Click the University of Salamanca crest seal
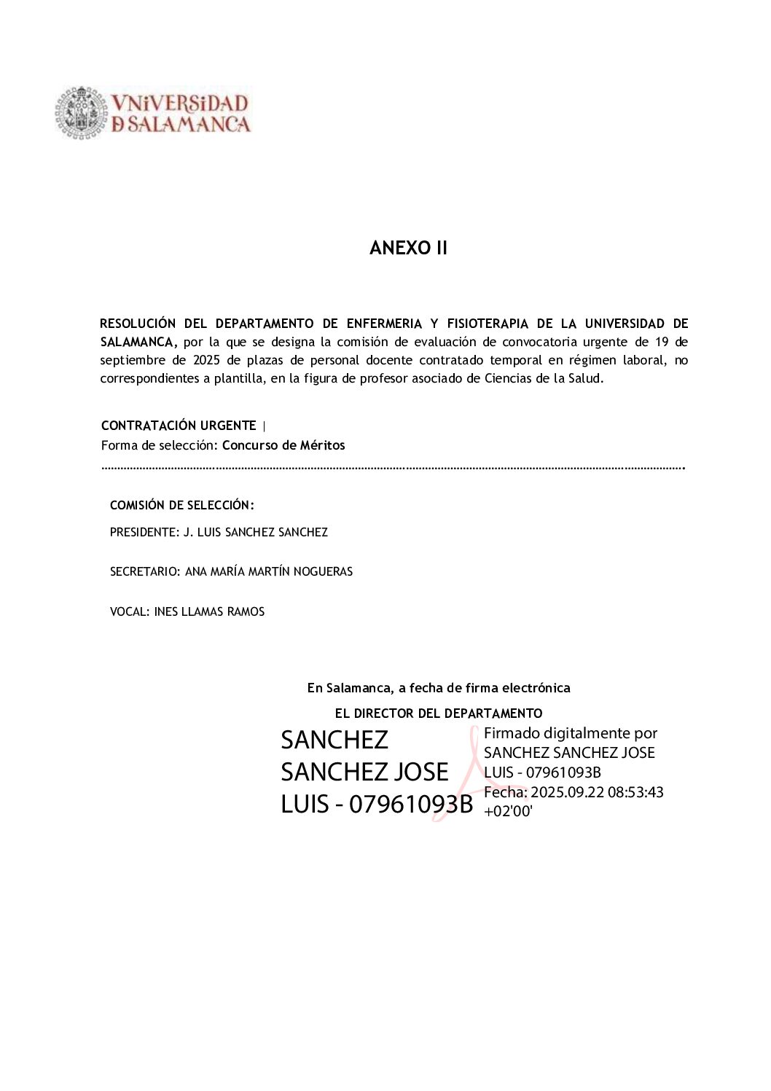tap(81, 113)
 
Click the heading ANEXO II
tap(408, 249)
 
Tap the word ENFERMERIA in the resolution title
tap(384, 324)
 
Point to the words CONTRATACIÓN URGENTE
tap(179, 426)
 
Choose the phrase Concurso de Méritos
tap(283, 445)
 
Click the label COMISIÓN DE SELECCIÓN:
tap(182, 505)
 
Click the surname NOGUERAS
tap(323, 572)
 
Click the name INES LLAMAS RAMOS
tap(209, 612)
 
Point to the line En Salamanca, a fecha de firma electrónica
tap(439, 688)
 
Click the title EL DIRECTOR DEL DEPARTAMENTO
tap(439, 713)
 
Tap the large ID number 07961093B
tap(411, 805)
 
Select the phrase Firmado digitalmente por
tap(571, 733)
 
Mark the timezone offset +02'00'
tap(508, 811)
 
